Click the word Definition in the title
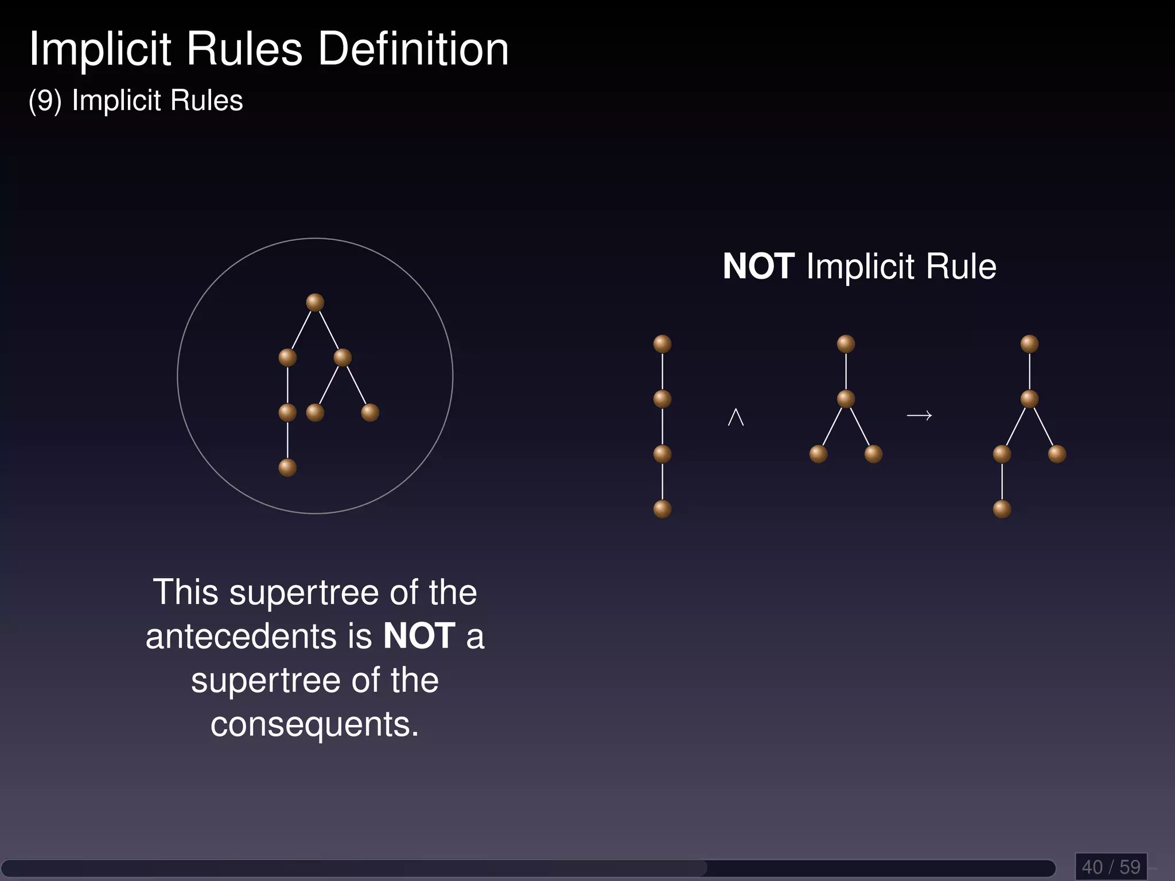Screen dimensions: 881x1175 (x=413, y=49)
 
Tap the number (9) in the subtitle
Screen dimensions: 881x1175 (x=45, y=101)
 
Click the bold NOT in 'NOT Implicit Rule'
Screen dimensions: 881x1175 (x=758, y=267)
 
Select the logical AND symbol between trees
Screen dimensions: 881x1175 (x=736, y=417)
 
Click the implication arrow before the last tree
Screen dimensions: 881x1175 (x=919, y=415)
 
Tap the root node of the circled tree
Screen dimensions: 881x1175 (x=315, y=302)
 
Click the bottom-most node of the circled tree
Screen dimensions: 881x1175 (x=287, y=467)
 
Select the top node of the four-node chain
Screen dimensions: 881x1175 (x=662, y=344)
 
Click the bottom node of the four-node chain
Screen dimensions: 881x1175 (x=662, y=509)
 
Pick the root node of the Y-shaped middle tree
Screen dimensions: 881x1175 (x=846, y=344)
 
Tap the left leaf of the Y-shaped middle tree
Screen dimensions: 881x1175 (x=818, y=454)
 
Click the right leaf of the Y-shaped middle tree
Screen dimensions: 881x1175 (x=873, y=454)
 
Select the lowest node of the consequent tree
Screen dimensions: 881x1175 (x=1002, y=509)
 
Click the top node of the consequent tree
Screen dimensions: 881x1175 (x=1029, y=344)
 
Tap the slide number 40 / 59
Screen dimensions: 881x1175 (x=1111, y=867)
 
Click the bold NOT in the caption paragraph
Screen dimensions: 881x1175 (x=419, y=637)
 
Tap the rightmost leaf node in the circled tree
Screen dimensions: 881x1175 (x=370, y=412)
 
